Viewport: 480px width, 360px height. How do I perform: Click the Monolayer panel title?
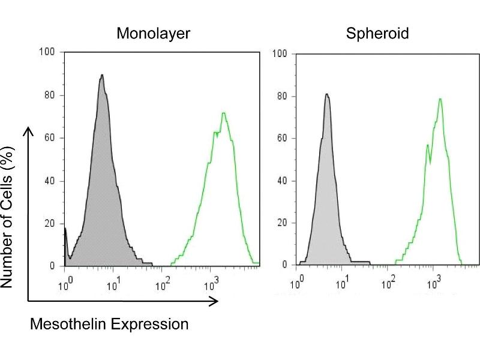[x=154, y=34]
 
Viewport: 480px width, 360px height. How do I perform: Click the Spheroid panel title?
[x=377, y=34]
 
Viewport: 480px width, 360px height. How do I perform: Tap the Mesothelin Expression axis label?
[x=109, y=325]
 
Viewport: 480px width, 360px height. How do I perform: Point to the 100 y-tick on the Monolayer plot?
[x=47, y=52]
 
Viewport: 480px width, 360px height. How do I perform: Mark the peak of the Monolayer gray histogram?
[x=102, y=75]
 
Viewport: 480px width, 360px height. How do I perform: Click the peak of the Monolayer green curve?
[x=223, y=113]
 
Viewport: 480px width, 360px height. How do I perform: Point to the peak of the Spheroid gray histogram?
[x=326, y=94]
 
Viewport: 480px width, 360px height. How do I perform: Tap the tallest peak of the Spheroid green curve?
[x=440, y=99]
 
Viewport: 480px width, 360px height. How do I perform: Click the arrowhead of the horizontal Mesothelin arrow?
[x=214, y=302]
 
